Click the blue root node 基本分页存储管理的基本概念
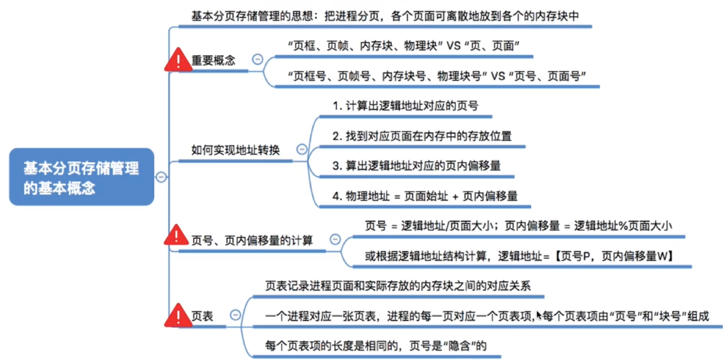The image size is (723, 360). click(81, 176)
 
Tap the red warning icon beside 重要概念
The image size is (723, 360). click(178, 60)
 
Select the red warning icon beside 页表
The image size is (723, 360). click(178, 315)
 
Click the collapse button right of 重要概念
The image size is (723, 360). click(257, 59)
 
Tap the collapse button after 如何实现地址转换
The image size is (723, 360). click(302, 149)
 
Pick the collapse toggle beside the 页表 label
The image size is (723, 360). click(235, 315)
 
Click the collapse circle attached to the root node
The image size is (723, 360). click(161, 176)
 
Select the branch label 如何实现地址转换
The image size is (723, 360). click(235, 150)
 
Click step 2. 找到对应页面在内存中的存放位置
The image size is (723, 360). click(422, 136)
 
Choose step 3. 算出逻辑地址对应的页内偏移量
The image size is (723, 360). click(416, 166)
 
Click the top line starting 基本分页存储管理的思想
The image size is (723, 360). click(385, 16)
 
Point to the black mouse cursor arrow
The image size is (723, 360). click(539, 315)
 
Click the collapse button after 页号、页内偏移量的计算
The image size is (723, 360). click(335, 240)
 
